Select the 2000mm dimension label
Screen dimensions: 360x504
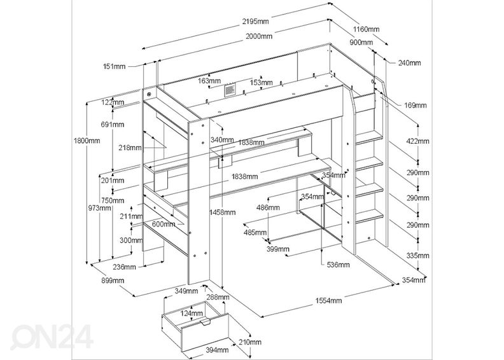point(258,37)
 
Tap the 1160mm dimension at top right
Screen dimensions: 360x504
point(365,29)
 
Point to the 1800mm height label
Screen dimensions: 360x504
point(87,141)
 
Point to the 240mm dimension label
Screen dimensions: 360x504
point(409,63)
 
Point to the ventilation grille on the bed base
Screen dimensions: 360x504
point(228,91)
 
